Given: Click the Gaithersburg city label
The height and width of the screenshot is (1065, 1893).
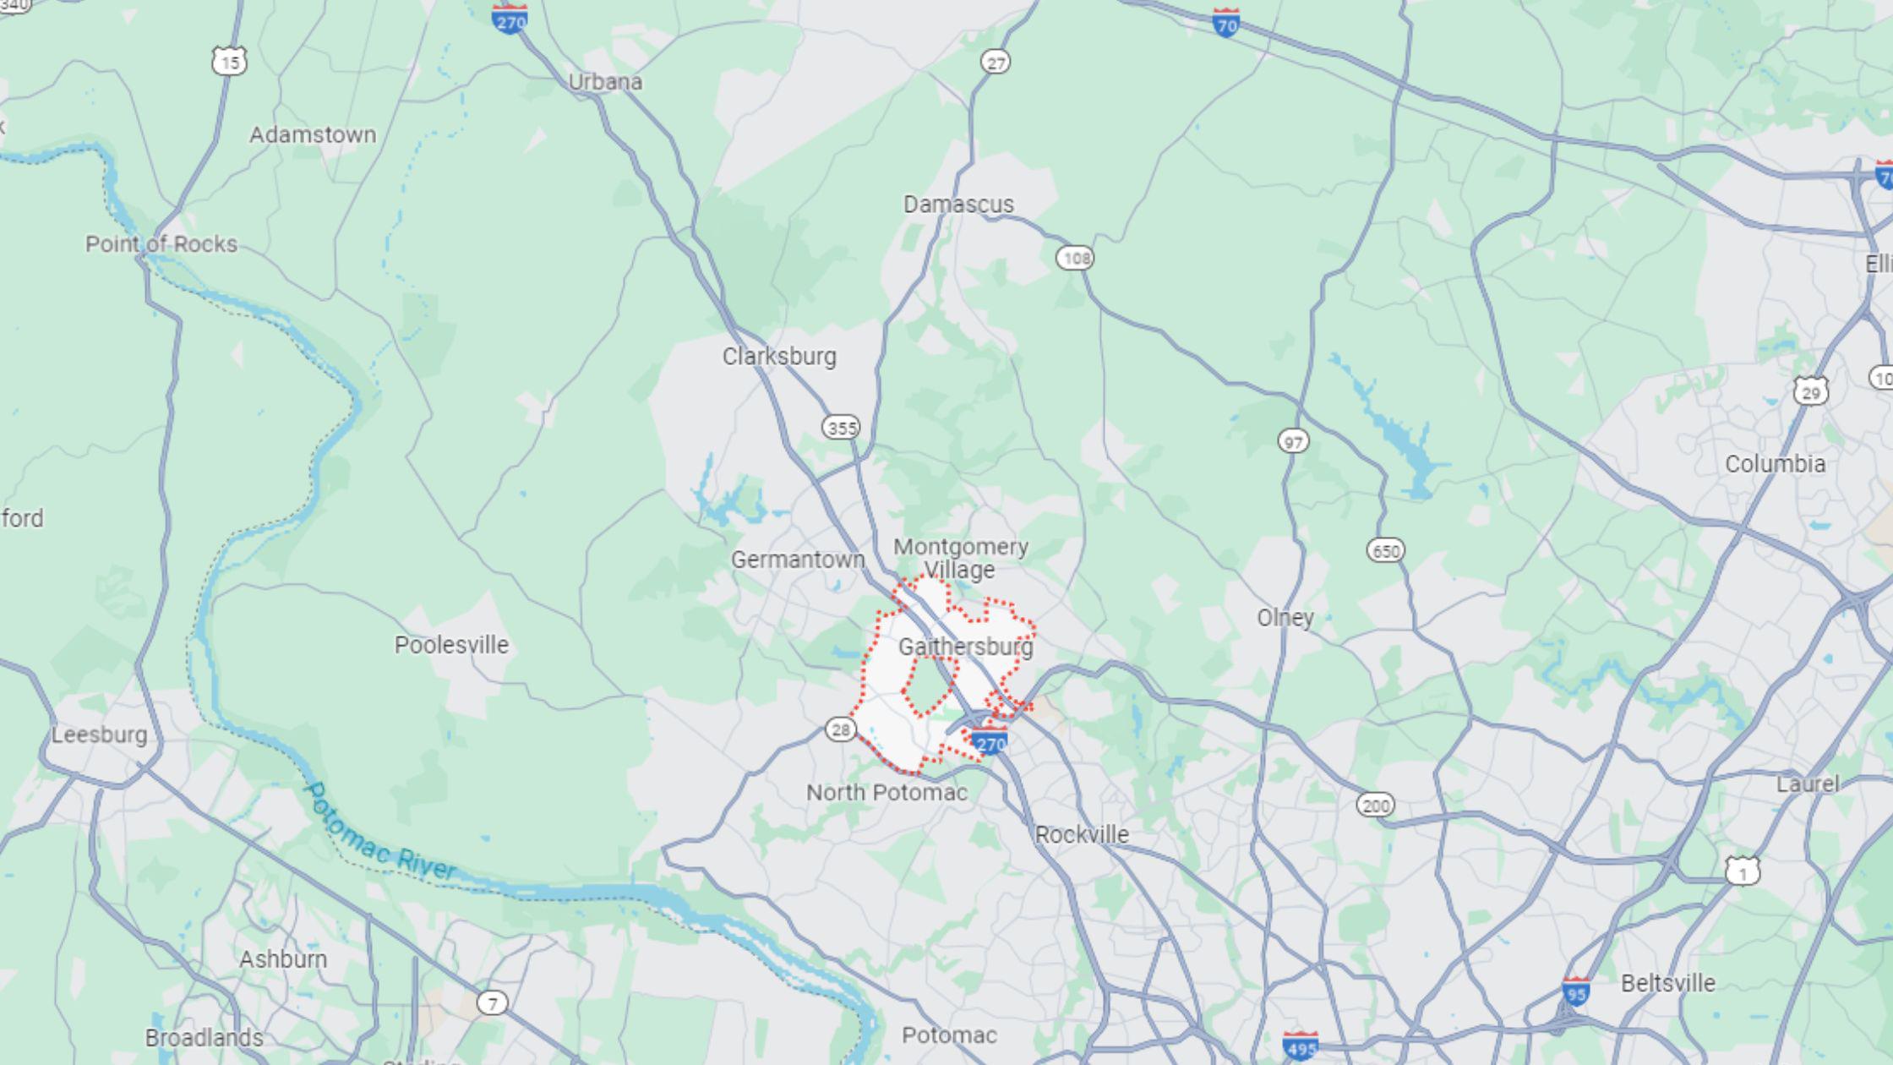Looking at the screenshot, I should [x=965, y=647].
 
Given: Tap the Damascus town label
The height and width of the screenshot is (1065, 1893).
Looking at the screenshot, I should [x=958, y=205].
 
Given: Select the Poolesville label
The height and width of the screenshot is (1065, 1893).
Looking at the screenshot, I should [x=451, y=645].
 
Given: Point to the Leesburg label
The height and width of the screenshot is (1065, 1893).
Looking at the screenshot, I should [x=100, y=735].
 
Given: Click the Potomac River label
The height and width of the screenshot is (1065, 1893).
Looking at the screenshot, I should [x=379, y=833].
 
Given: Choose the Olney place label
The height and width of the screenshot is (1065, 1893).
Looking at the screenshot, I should [x=1285, y=618].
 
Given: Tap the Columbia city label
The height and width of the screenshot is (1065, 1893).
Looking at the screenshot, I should [x=1775, y=464].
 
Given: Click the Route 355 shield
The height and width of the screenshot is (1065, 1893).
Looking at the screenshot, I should [x=841, y=428].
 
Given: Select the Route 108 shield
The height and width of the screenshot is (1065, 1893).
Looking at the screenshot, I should [x=1075, y=258].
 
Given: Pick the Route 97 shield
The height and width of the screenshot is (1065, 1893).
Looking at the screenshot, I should [x=1293, y=440].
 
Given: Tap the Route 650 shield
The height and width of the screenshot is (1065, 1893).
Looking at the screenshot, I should [x=1385, y=551].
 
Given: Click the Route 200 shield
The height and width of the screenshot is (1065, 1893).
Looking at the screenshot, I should [x=1375, y=805].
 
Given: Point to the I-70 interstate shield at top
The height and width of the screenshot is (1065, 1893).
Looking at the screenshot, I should [x=1225, y=22].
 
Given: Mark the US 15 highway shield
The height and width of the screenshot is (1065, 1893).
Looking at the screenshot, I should [x=229, y=60].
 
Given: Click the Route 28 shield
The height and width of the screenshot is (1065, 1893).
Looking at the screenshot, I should [x=840, y=729].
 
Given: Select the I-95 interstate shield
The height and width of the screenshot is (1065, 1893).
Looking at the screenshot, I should [x=1575, y=991].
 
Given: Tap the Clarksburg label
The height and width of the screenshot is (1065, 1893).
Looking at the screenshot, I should [x=779, y=357].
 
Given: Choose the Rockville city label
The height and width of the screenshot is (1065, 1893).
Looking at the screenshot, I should [x=1082, y=835].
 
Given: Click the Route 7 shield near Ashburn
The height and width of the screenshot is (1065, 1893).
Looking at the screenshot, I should [x=492, y=1003].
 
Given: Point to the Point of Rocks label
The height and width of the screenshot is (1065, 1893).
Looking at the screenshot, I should [x=161, y=244].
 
